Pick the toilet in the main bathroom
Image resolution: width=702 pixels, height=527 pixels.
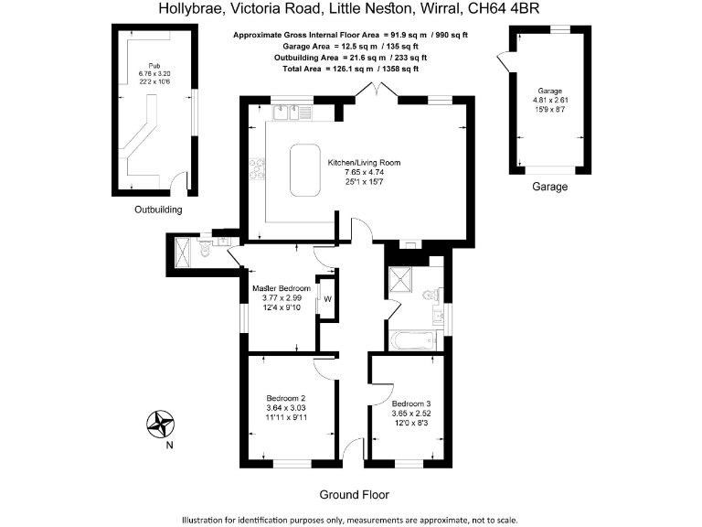click(x=431, y=295)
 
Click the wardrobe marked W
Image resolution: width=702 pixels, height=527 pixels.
click(x=326, y=298)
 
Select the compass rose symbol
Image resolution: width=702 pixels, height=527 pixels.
click(x=162, y=423)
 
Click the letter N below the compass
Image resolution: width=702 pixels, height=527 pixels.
click(x=168, y=446)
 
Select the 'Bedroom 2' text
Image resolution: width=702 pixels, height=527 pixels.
click(x=285, y=398)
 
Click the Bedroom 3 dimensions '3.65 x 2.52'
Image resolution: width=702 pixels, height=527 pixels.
click(x=410, y=414)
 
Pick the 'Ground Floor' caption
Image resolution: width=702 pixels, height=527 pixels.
click(x=354, y=495)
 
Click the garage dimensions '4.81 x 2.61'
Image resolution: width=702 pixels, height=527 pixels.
click(x=549, y=101)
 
